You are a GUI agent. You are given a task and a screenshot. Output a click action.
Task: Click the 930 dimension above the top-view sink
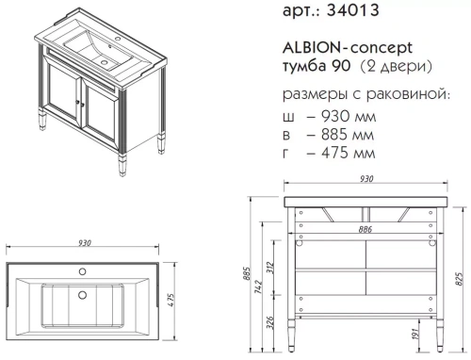coord(85,243)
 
